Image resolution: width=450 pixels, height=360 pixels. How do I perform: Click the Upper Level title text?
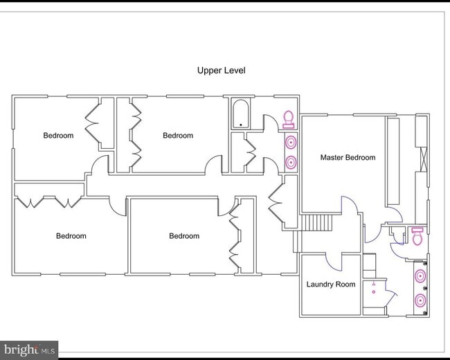point(222,71)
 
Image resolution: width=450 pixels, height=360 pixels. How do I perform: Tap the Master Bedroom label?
point(348,157)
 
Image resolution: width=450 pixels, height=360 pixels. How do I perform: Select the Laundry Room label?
point(331,285)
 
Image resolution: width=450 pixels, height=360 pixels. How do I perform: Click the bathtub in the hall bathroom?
point(240,114)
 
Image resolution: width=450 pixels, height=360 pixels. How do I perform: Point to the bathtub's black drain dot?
point(240,125)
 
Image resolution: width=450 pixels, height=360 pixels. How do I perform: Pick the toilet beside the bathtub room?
point(289,120)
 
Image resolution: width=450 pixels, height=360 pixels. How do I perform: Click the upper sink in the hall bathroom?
point(291,142)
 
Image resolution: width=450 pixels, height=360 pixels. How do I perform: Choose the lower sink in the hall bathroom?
point(291,162)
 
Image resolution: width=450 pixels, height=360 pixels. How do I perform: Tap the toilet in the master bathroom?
point(417,236)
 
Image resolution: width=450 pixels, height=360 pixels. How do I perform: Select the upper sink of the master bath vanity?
point(420,276)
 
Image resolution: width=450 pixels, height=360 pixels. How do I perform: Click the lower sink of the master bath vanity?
point(420,301)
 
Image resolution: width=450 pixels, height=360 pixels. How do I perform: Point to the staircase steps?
point(317,222)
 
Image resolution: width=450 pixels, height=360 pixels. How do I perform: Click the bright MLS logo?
point(29,350)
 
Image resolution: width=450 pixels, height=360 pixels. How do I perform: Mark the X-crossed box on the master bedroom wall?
point(423,159)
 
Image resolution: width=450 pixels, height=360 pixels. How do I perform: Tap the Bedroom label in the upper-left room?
point(58,136)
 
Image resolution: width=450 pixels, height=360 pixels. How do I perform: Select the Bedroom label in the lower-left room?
point(71,236)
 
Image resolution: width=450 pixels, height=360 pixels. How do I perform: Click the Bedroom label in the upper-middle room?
point(178,136)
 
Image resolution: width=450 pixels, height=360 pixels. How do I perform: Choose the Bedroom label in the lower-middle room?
point(184,236)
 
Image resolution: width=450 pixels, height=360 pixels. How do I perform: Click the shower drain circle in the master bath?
point(374,292)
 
